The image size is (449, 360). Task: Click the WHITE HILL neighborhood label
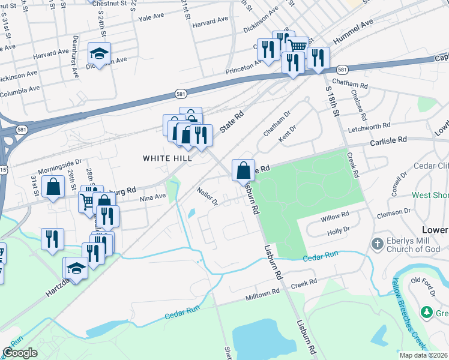tap(167, 158)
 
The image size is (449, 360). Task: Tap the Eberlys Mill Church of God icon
tap(377, 244)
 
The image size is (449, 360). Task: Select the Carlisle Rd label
tap(388, 140)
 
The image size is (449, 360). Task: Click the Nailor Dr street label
tap(206, 196)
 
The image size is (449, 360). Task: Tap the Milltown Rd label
tap(263, 295)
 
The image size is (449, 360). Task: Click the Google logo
tap(20, 353)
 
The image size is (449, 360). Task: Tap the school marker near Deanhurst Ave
tap(99, 54)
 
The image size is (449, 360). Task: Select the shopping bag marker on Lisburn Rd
tap(243, 170)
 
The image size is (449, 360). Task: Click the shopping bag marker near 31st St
tap(53, 186)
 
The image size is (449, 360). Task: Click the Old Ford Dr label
tap(425, 284)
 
